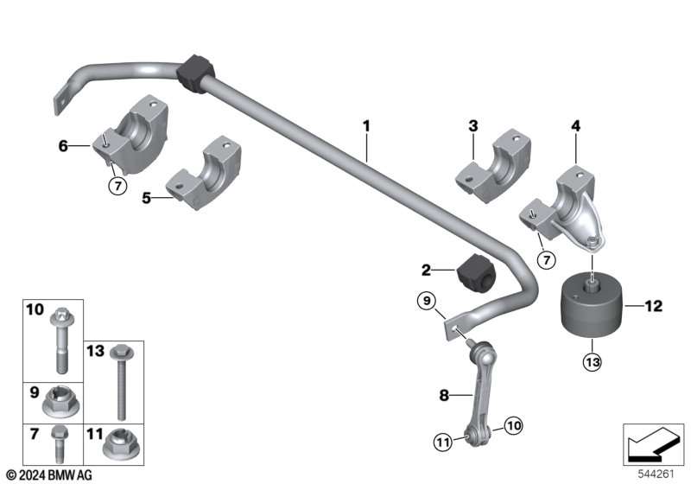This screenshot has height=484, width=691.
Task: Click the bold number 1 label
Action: (366, 126)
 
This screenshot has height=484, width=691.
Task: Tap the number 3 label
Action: (472, 126)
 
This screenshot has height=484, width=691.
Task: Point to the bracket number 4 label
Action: (576, 126)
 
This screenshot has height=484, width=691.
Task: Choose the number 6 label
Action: (63, 146)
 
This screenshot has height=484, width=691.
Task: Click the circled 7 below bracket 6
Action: (117, 186)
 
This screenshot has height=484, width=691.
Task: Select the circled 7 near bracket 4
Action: (547, 260)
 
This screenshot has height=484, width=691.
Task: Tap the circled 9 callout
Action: (427, 301)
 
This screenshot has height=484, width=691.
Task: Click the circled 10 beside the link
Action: (513, 426)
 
